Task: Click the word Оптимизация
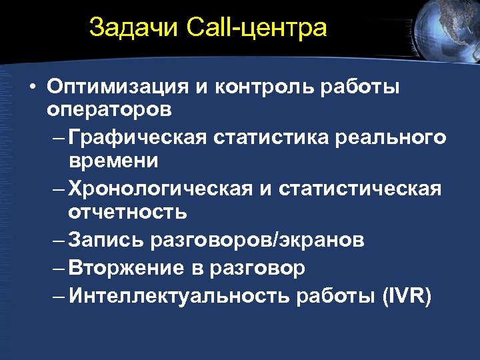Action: coord(118,88)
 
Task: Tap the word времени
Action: coord(113,161)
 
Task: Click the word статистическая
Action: coord(360,189)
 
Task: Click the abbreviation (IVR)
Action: coord(407,295)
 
